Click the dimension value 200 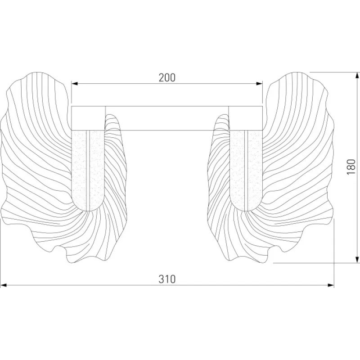[x=167, y=77]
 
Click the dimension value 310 [x=167, y=279]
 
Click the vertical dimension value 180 [x=351, y=166]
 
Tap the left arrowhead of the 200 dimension [x=75, y=84]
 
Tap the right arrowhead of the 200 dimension [x=259, y=84]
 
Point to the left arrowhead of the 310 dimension [x=4, y=285]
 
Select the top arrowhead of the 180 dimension [x=357, y=76]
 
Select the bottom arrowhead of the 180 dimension [x=357, y=259]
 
